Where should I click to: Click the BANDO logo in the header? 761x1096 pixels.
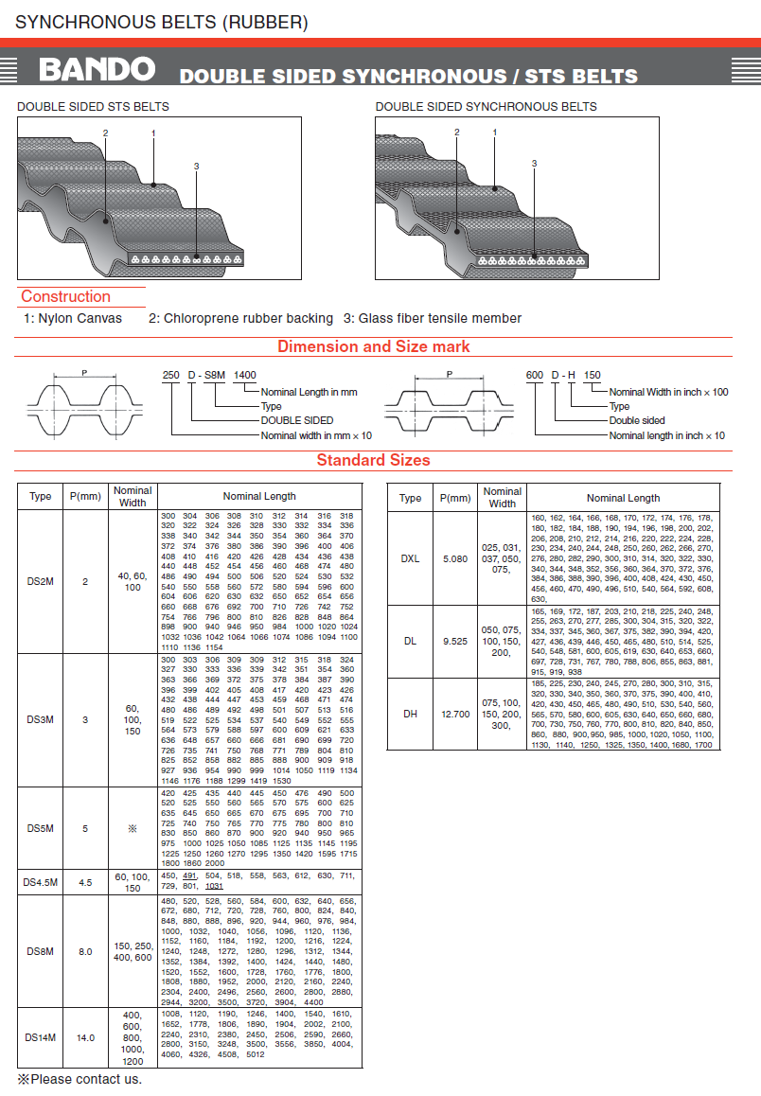pyautogui.click(x=97, y=69)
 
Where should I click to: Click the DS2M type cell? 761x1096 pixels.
pyautogui.click(x=41, y=581)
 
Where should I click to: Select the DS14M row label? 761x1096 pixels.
pyautogui.click(x=41, y=1037)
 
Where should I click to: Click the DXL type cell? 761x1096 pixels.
pyautogui.click(x=410, y=558)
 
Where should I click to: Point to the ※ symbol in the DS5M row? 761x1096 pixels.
pyautogui.click(x=133, y=828)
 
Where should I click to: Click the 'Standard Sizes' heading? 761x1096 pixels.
pyautogui.click(x=373, y=460)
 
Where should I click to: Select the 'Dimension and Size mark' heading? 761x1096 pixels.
pyautogui.click(x=373, y=346)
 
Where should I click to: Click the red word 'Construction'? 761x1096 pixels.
pyautogui.click(x=66, y=296)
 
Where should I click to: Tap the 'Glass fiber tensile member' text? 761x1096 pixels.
pyautogui.click(x=433, y=318)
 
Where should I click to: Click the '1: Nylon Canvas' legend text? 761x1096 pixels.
pyautogui.click(x=73, y=318)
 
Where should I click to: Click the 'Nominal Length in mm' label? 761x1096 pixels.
pyautogui.click(x=309, y=392)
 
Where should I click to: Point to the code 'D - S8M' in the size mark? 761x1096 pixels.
pyautogui.click(x=206, y=375)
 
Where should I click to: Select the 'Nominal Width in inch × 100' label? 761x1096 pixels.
pyautogui.click(x=668, y=392)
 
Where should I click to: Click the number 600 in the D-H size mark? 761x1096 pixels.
pyautogui.click(x=535, y=375)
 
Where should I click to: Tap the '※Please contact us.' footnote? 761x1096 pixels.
pyautogui.click(x=80, y=1079)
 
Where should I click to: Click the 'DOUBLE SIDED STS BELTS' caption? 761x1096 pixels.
pyautogui.click(x=93, y=106)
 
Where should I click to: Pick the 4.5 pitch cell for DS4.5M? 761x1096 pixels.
pyautogui.click(x=85, y=882)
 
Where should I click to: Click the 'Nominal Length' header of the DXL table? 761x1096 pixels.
pyautogui.click(x=623, y=498)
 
